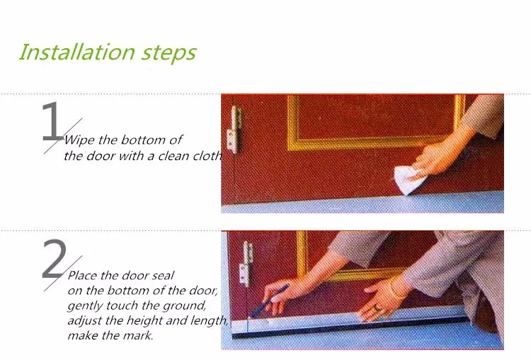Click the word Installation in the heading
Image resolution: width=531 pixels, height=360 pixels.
pos(76,52)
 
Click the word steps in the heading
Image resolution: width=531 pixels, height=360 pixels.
pos(169,54)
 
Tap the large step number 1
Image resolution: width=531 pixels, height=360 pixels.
pos(52,121)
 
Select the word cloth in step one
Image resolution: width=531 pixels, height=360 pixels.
pos(207,156)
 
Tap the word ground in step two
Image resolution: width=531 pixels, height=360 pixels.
pos(184,306)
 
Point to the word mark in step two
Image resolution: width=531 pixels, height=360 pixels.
pos(138,336)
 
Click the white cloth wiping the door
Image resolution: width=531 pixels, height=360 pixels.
pos(408,180)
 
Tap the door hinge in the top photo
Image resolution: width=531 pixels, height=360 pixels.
pos(234,130)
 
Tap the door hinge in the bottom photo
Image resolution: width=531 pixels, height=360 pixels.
pos(246,264)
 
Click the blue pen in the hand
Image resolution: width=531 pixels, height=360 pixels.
pos(269,300)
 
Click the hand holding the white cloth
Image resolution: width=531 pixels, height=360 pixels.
pos(435,159)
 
